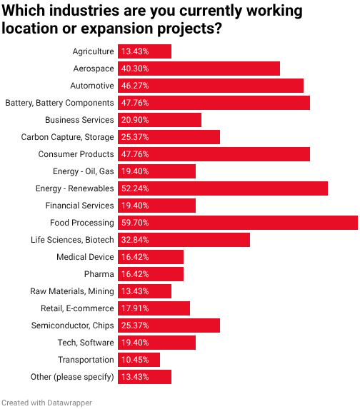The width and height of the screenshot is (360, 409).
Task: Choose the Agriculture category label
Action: coord(93,51)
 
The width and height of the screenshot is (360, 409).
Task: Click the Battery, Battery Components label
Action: coord(59,103)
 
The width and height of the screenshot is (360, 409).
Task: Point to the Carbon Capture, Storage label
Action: coord(67,137)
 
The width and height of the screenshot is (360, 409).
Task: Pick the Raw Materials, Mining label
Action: coord(71,291)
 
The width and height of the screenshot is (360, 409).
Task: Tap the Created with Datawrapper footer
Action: coord(46,403)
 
